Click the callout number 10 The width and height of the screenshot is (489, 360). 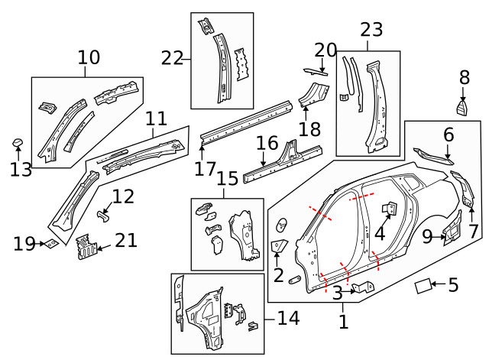(x=89, y=57)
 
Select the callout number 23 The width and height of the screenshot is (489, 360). (x=371, y=30)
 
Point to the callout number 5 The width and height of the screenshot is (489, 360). (x=453, y=286)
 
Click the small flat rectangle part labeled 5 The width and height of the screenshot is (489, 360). (x=423, y=287)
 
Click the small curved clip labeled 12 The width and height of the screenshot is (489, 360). (x=101, y=217)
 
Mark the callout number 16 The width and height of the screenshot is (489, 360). (x=267, y=143)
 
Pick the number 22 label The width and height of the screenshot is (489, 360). (x=173, y=57)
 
